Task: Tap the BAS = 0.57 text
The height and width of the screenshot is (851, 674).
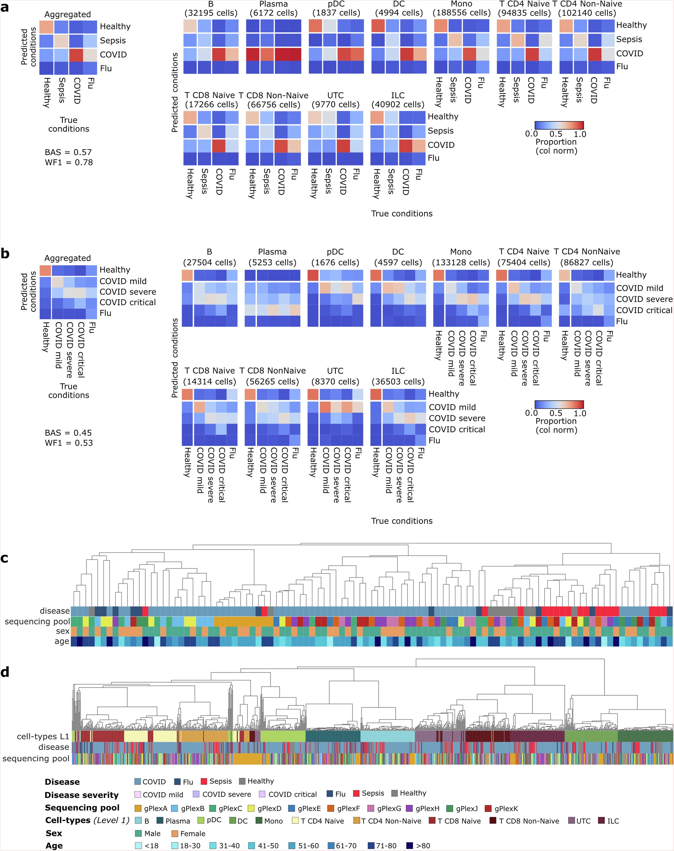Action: point(68,152)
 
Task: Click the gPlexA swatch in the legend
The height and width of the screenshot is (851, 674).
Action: point(138,808)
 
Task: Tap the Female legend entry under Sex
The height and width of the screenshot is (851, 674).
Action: point(189,834)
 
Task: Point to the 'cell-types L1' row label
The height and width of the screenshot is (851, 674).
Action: point(43,736)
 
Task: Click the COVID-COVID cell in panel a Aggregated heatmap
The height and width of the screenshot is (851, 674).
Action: point(76,55)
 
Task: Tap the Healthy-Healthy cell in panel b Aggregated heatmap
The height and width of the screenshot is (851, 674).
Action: point(45,270)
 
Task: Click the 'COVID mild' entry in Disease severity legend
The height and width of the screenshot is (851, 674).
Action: point(159,795)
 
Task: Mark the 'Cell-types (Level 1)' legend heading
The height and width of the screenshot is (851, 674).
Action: point(87,821)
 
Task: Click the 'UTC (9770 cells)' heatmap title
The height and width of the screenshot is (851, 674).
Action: point(335,100)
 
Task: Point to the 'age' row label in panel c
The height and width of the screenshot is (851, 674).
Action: point(62,641)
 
